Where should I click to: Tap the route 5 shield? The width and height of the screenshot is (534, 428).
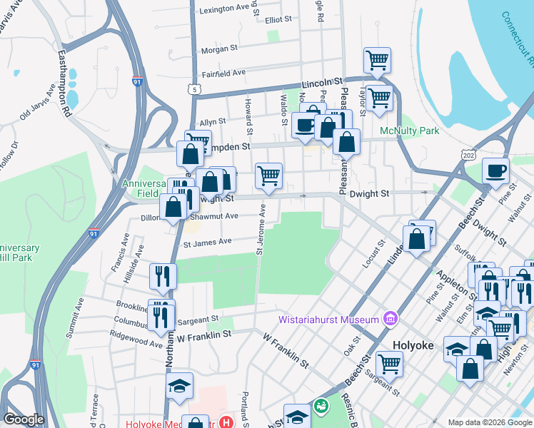[x=194, y=89]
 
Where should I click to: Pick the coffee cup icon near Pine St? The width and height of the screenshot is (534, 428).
[x=495, y=170]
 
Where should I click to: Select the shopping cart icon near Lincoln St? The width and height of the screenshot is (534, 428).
[x=376, y=60]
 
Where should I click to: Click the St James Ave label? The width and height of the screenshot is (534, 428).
[x=208, y=242]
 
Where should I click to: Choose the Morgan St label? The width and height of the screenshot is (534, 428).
[x=219, y=49]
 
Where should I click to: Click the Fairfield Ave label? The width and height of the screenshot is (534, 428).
[x=223, y=73]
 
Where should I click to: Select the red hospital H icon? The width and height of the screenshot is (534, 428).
[x=226, y=422]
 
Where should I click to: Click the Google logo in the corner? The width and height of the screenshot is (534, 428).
[x=24, y=419]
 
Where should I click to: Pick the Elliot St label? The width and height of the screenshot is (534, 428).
[x=278, y=20]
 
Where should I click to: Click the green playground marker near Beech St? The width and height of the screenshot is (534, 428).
[x=321, y=405]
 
